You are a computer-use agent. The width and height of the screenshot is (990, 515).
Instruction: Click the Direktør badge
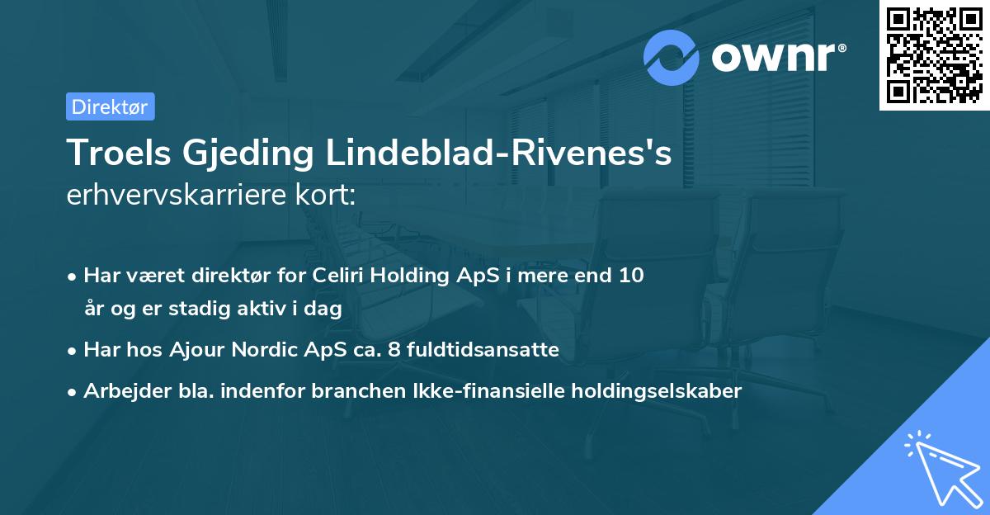tap(110, 106)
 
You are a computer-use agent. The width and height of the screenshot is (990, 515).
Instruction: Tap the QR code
tap(934, 55)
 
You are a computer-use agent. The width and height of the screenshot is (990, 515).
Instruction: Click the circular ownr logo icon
tap(672, 57)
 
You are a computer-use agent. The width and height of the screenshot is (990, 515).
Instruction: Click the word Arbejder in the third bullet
tap(120, 391)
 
